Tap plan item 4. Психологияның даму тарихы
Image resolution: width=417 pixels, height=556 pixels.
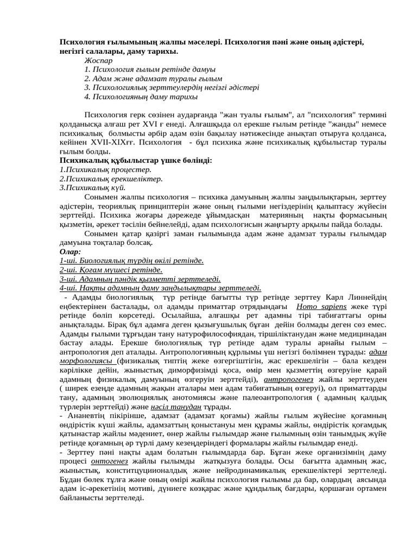141,97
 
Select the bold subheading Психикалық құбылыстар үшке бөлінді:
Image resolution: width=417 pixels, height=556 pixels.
136,161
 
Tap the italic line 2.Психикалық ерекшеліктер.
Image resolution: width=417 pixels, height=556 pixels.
111,179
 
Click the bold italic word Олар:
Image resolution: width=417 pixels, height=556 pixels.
70,251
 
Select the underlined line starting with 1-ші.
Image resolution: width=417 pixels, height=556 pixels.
131,261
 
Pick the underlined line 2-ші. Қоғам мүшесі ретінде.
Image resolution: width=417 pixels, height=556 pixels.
111,270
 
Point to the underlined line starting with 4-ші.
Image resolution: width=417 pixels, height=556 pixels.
160,288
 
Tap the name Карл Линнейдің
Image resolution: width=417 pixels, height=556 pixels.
356,297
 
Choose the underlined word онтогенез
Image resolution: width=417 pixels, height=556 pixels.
110,461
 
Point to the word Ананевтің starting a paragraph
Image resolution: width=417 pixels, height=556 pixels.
83,415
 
